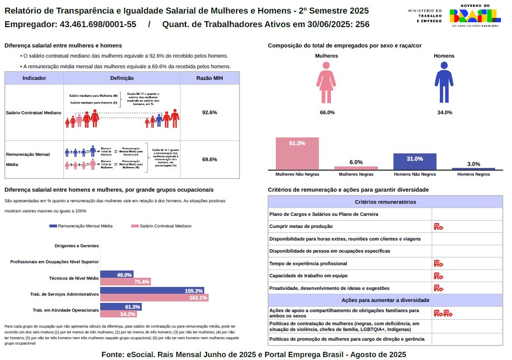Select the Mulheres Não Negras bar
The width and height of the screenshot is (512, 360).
(x=297, y=153)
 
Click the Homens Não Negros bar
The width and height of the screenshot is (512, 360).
(x=415, y=161)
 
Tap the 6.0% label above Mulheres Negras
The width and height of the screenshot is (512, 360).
(x=356, y=162)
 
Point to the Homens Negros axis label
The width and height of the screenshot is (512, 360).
(x=473, y=174)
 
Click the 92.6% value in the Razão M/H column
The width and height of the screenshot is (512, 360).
(x=210, y=112)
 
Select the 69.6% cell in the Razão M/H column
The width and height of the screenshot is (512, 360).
(x=210, y=159)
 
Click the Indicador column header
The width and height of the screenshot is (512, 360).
(x=34, y=78)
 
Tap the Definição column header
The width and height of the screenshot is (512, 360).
(x=122, y=78)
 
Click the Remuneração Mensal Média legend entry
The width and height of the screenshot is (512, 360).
(x=81, y=226)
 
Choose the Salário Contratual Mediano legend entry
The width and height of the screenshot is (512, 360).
(x=161, y=226)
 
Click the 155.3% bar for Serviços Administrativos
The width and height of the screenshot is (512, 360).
(x=152, y=291)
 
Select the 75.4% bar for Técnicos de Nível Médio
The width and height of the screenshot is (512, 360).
(x=126, y=282)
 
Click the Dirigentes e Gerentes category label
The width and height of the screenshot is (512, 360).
(x=77, y=245)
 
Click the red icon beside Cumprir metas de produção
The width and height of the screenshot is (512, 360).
(x=438, y=226)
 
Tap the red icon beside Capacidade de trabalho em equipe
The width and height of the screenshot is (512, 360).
(x=438, y=276)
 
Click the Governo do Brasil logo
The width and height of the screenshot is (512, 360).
(x=475, y=15)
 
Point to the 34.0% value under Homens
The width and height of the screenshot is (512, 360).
(x=444, y=112)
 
